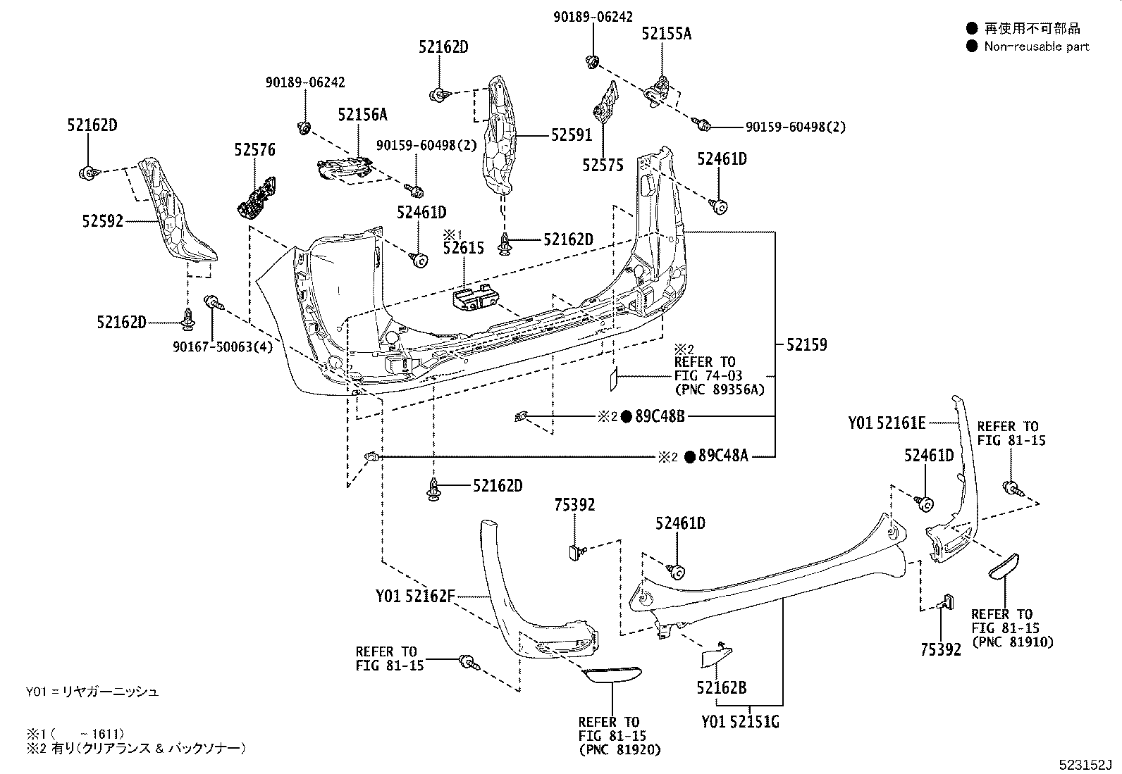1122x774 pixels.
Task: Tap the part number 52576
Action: pyautogui.click(x=254, y=150)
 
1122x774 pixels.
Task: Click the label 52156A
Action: pyautogui.click(x=362, y=115)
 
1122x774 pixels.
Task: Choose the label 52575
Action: pyautogui.click(x=603, y=166)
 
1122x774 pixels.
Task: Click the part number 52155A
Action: pyautogui.click(x=666, y=33)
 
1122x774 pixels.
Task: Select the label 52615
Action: pyautogui.click(x=464, y=248)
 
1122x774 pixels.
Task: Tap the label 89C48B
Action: pyautogui.click(x=660, y=416)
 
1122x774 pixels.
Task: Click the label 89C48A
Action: pyautogui.click(x=723, y=456)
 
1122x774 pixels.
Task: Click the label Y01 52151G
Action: pyautogui.click(x=740, y=723)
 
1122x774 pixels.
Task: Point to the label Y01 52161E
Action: pyautogui.click(x=887, y=423)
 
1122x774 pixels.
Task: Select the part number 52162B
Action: pyautogui.click(x=721, y=687)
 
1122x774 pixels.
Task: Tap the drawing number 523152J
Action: pyautogui.click(x=1083, y=765)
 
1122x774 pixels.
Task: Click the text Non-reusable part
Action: pyautogui.click(x=1036, y=46)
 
